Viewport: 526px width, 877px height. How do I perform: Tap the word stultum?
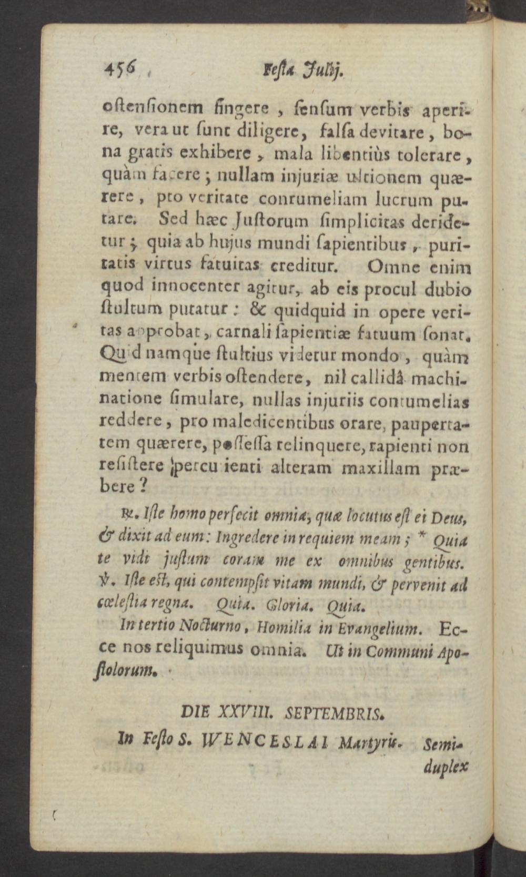click(131, 311)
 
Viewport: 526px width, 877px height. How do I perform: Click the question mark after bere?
click(142, 486)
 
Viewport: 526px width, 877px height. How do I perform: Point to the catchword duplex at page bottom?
click(444, 767)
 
